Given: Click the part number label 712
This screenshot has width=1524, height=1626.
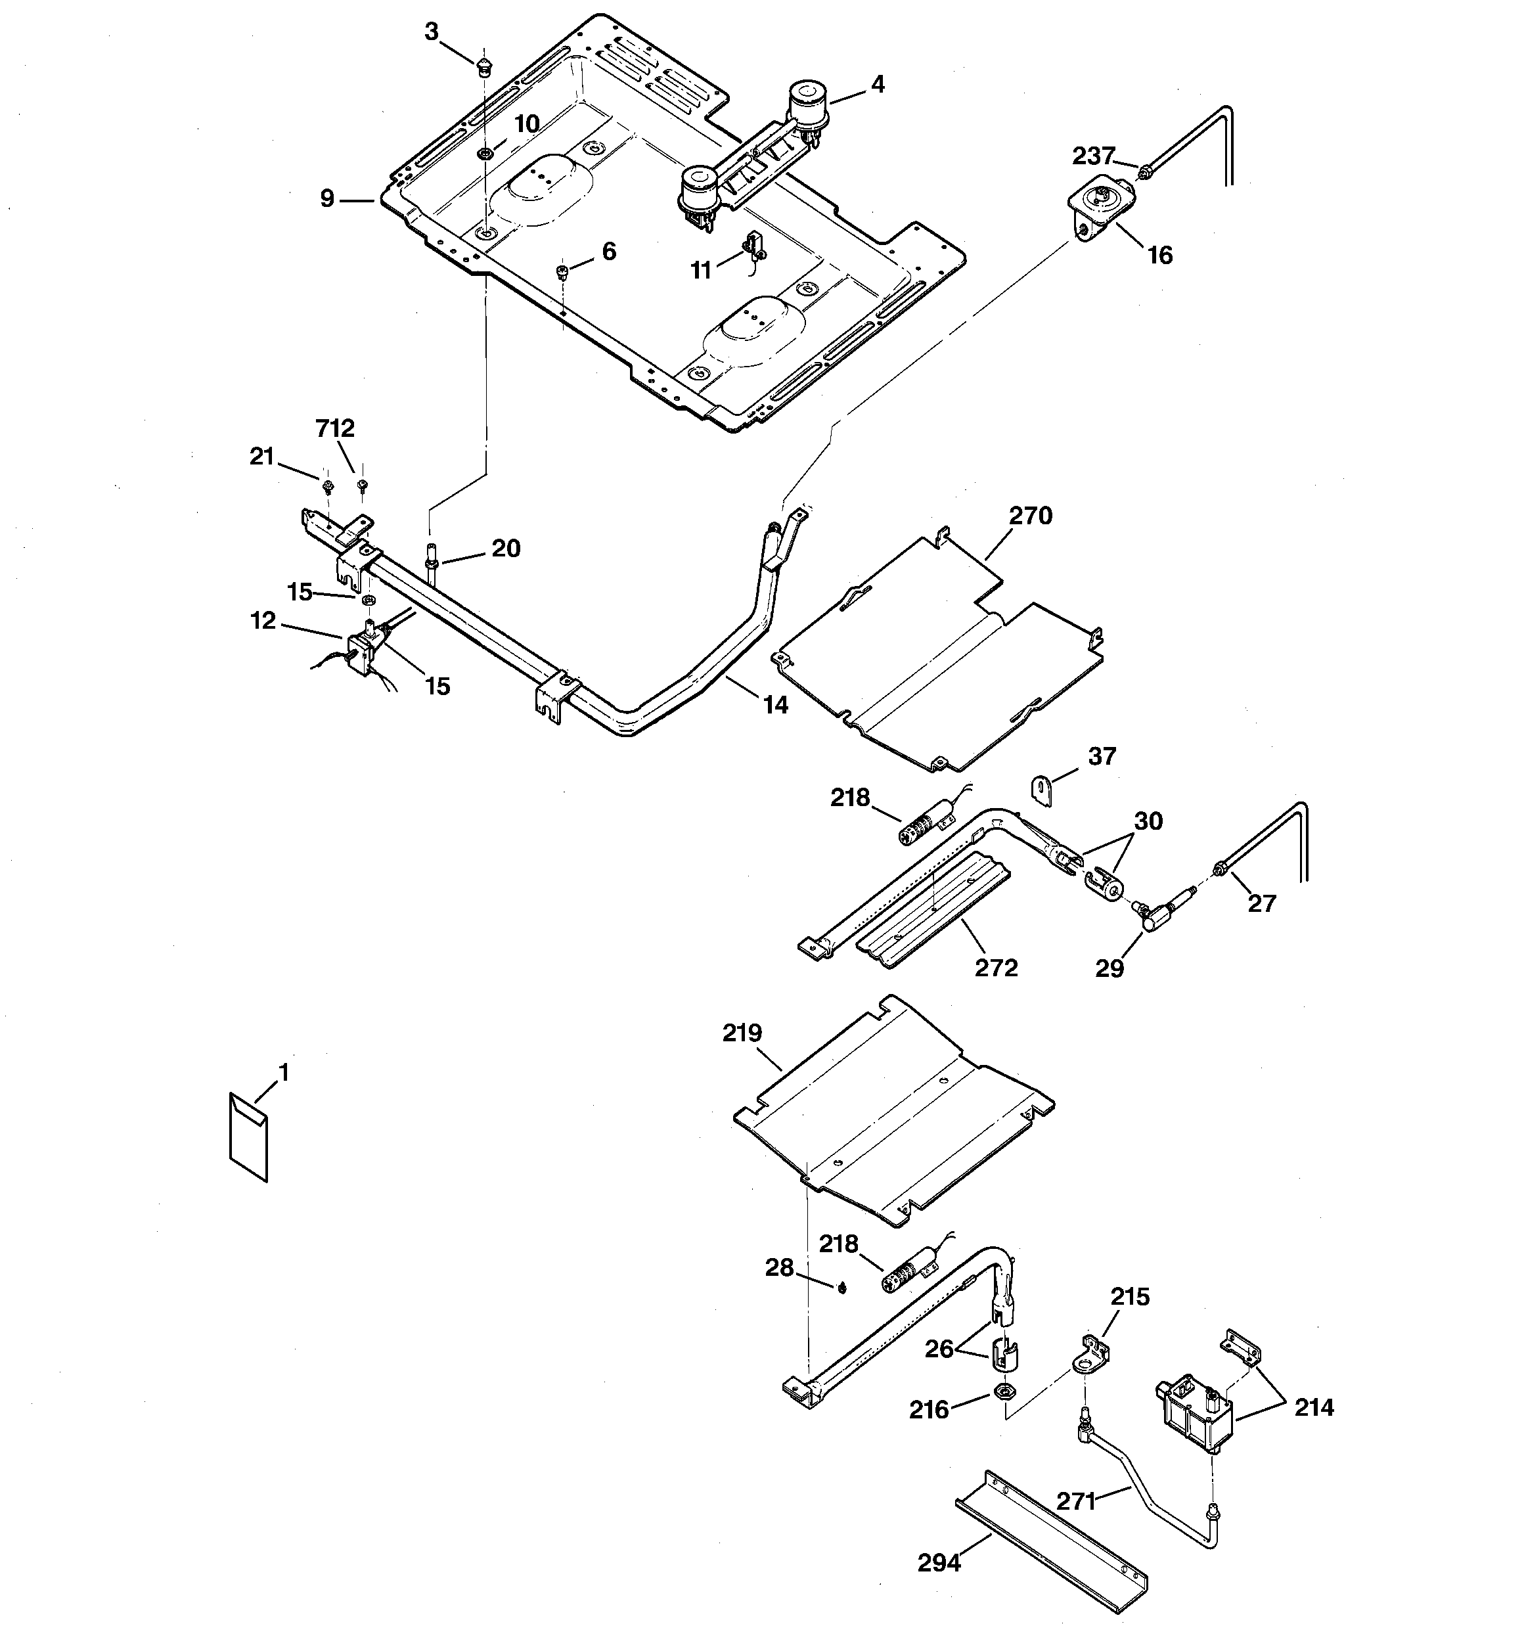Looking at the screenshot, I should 336,428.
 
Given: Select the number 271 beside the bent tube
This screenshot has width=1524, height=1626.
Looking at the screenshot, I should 1076,1501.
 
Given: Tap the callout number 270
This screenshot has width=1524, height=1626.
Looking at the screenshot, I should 1030,516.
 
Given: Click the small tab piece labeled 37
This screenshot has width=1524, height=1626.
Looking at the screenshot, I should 1040,791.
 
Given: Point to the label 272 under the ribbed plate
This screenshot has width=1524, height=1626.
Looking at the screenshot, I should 996,968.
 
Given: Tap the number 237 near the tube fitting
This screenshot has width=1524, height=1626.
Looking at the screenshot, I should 1094,156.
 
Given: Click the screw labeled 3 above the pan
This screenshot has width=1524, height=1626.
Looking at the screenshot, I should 483,66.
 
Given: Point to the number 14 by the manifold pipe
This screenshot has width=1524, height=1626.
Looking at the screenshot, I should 776,704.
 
